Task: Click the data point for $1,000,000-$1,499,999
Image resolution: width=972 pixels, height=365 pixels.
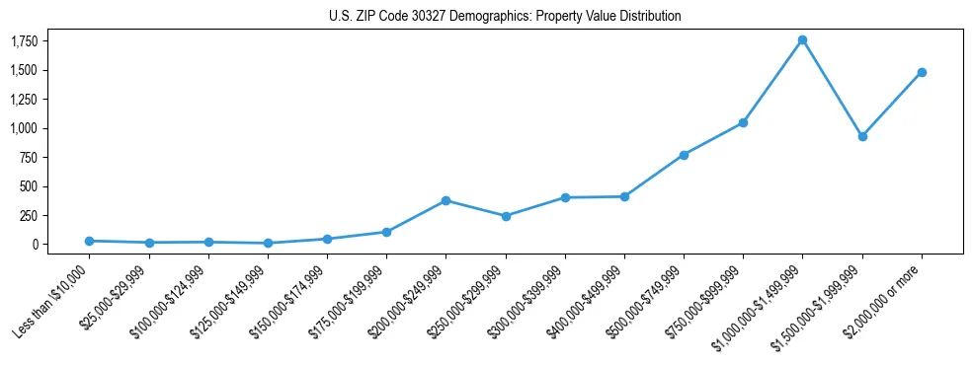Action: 802,39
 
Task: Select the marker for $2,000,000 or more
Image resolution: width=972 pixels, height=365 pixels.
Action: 922,72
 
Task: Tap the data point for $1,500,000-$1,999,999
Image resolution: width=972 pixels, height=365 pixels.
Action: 862,136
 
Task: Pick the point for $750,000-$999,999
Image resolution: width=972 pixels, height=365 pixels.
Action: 743,122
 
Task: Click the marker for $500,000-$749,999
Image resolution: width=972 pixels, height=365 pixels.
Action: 684,155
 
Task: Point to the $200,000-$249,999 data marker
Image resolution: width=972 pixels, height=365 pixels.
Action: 445,200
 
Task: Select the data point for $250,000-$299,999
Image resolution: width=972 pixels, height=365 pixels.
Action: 506,216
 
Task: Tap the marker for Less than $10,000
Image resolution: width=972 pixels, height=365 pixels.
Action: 89,241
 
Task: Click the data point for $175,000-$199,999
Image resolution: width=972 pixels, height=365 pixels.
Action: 386,232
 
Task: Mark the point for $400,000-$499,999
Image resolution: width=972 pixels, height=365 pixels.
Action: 624,196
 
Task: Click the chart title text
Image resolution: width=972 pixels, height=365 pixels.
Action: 505,17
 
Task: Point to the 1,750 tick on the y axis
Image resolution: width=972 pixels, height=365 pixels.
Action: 24,41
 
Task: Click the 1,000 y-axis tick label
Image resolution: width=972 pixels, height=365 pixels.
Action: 24,128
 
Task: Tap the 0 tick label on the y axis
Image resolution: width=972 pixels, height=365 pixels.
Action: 35,245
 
